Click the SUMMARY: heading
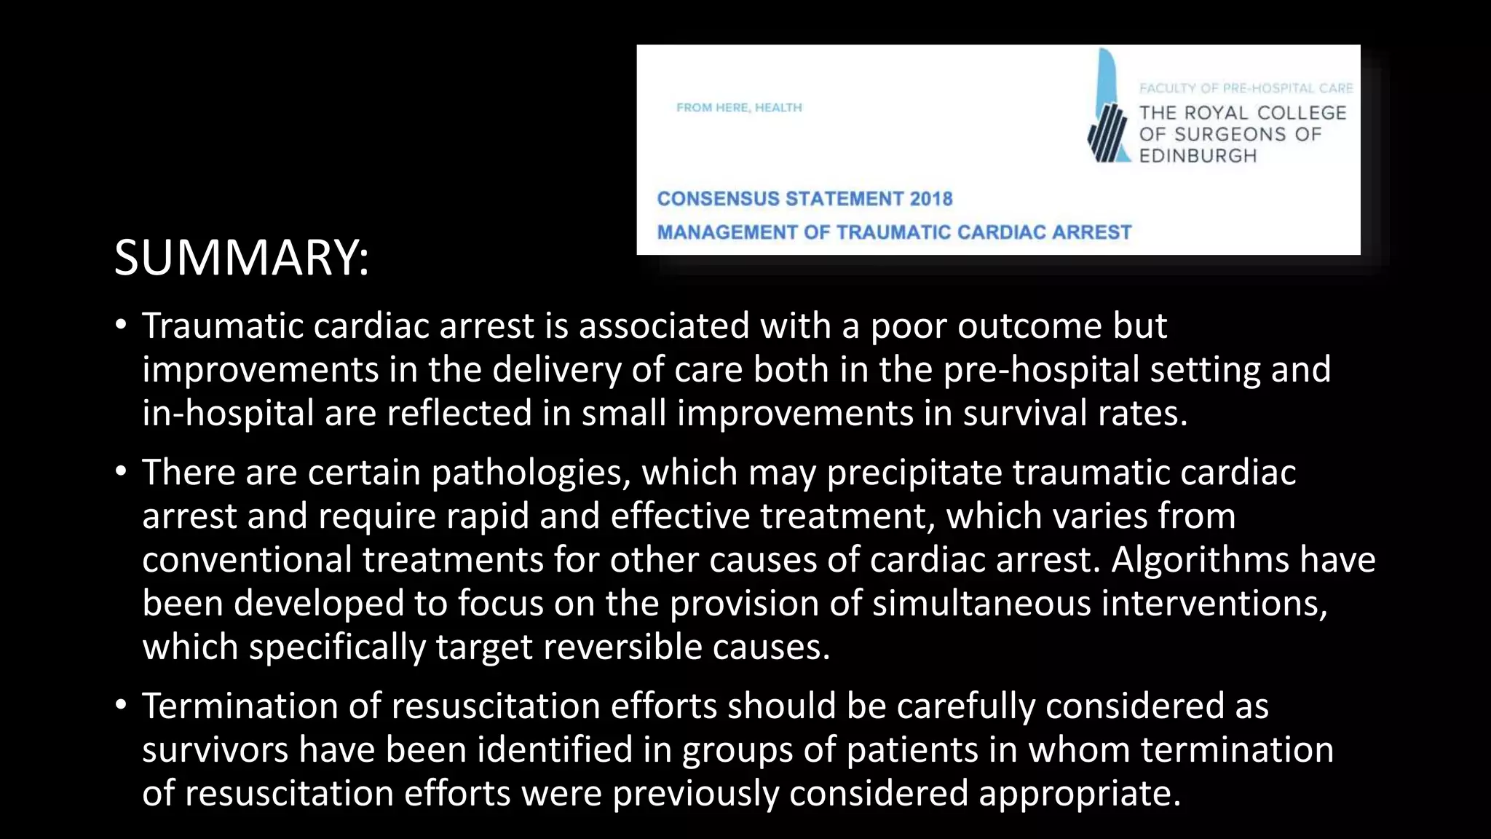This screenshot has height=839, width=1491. pos(242,258)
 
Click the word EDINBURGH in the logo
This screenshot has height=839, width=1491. pos(1198,156)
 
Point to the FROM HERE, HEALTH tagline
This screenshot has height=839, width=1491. pos(739,108)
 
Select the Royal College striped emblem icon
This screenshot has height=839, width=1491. pos(1107,131)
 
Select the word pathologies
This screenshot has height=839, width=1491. pos(530,473)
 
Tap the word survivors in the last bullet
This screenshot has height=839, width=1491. pos(215,750)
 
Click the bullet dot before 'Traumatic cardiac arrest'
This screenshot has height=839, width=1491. pos(121,325)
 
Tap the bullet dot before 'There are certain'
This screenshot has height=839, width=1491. pos(121,472)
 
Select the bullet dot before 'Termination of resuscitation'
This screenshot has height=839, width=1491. pos(121,706)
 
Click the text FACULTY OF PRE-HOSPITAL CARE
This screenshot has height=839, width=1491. pos(1246,88)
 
